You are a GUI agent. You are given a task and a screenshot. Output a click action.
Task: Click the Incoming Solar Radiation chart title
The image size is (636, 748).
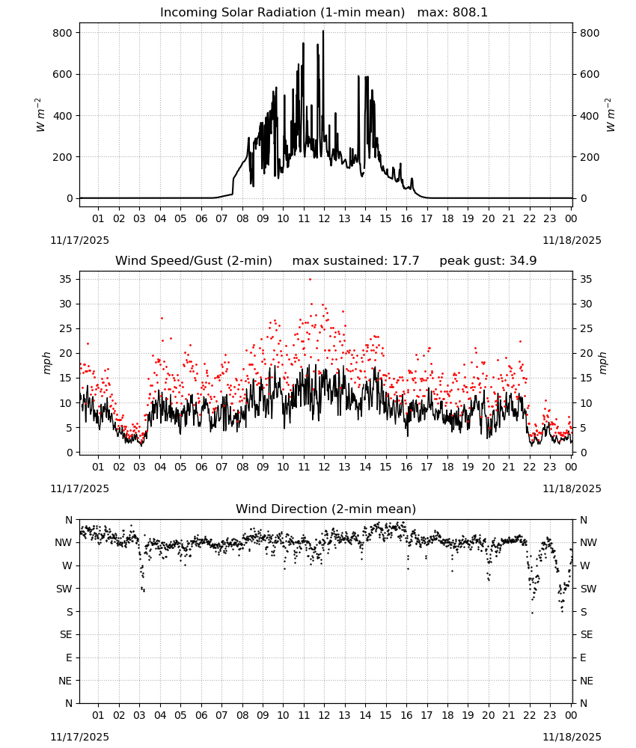(282, 13)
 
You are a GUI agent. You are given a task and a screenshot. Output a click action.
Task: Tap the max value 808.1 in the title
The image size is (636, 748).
(470, 13)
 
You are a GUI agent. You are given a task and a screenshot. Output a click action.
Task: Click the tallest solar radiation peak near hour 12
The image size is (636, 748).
(323, 31)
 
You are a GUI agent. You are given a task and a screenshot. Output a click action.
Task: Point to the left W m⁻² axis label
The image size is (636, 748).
(40, 115)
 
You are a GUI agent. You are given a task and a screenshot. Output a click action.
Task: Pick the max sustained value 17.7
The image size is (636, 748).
(406, 261)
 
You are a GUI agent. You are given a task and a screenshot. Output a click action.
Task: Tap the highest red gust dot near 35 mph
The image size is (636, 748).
(310, 280)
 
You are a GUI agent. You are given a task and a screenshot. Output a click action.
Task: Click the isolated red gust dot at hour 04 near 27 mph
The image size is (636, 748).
(162, 318)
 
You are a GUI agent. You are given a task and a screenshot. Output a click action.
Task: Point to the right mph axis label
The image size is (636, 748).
(602, 364)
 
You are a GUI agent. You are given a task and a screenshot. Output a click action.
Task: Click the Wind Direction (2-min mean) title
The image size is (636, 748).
(326, 509)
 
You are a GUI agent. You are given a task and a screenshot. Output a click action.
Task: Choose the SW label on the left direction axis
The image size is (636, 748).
(64, 589)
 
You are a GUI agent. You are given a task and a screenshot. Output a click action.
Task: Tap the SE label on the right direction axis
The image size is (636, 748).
(587, 634)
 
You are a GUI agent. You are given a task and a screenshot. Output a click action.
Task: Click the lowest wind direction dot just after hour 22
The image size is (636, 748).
(533, 613)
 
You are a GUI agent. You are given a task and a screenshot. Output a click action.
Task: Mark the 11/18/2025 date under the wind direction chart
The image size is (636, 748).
(572, 737)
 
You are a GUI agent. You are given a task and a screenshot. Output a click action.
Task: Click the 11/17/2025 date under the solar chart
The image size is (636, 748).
(79, 240)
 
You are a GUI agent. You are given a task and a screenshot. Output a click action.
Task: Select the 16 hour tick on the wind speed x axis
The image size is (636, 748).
(406, 467)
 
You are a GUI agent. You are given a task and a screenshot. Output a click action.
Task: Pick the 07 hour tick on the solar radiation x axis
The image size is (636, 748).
(221, 218)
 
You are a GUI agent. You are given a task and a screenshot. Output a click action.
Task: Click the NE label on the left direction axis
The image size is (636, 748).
(65, 681)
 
